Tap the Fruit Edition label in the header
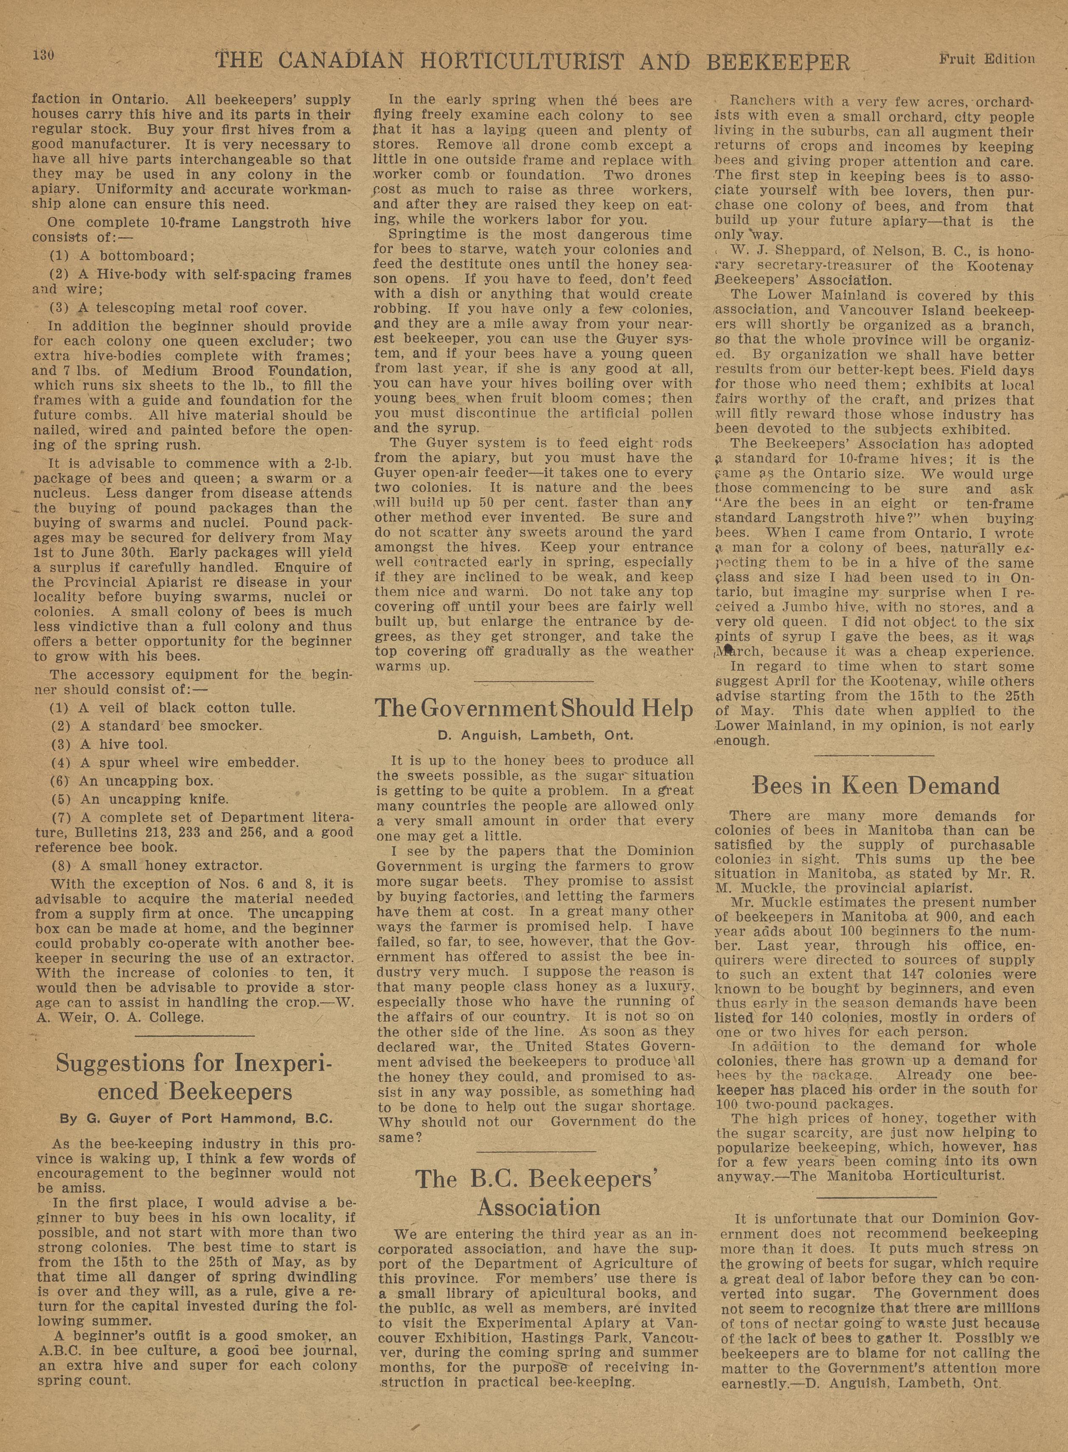click(986, 59)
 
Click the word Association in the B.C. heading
click(539, 1207)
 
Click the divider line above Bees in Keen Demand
click(874, 755)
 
